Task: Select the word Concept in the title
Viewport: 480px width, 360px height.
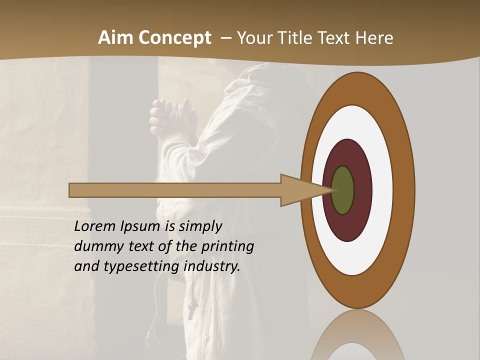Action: click(x=174, y=38)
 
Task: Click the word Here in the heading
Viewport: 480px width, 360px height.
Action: click(x=374, y=38)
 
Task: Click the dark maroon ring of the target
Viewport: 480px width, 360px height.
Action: click(x=360, y=210)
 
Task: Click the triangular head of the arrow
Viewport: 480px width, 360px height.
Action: click(x=300, y=190)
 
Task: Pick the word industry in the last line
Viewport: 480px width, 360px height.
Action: click(x=212, y=266)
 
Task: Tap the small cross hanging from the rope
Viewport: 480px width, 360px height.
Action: click(x=192, y=309)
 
